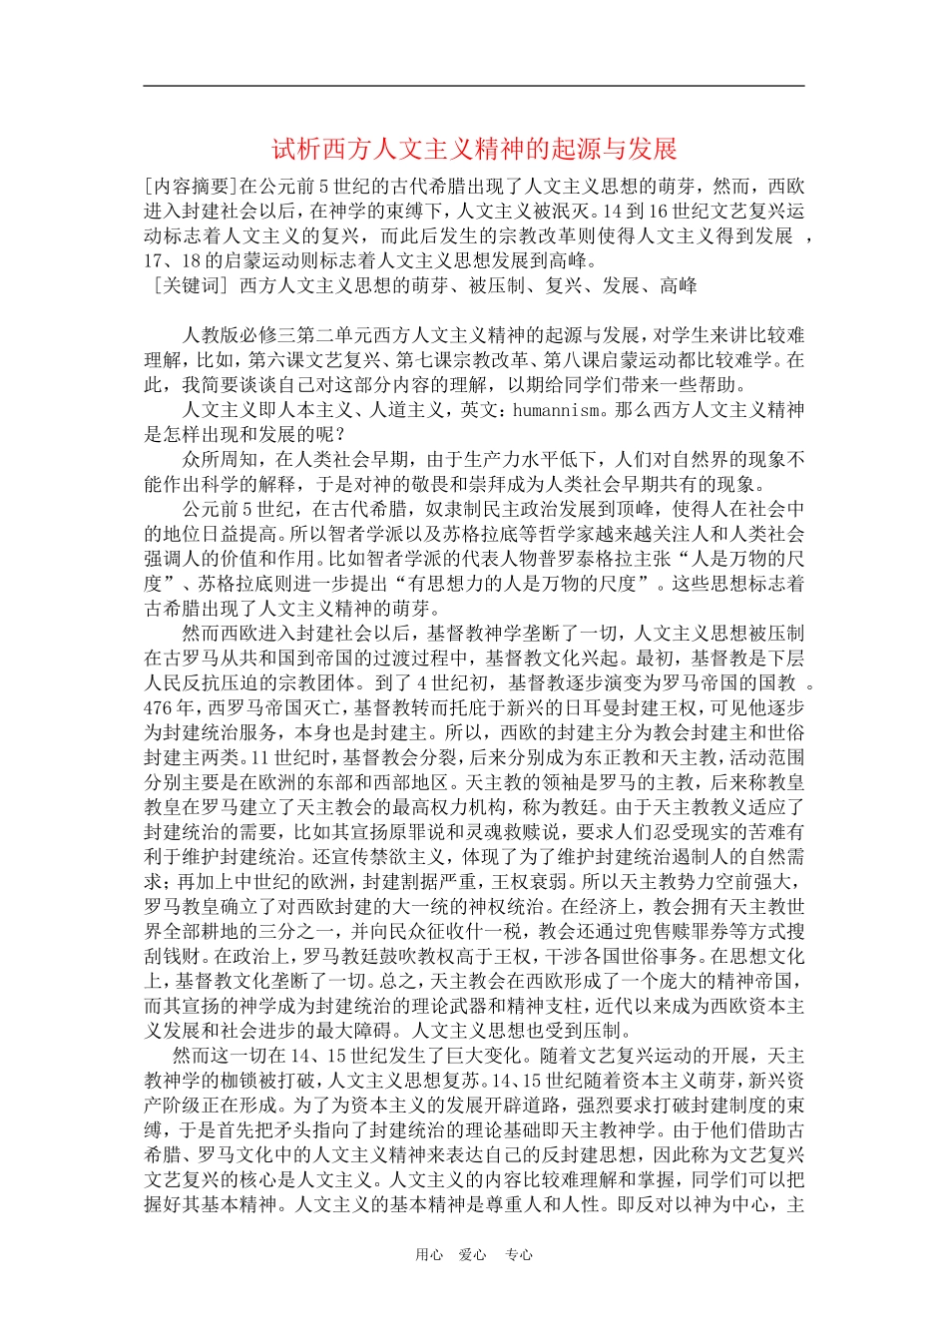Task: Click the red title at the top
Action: click(x=474, y=150)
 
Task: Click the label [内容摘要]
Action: click(x=187, y=187)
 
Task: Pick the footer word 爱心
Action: click(x=472, y=1255)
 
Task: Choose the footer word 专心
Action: click(x=519, y=1255)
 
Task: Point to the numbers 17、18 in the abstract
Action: click(x=172, y=261)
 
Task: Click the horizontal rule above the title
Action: click(x=474, y=86)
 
